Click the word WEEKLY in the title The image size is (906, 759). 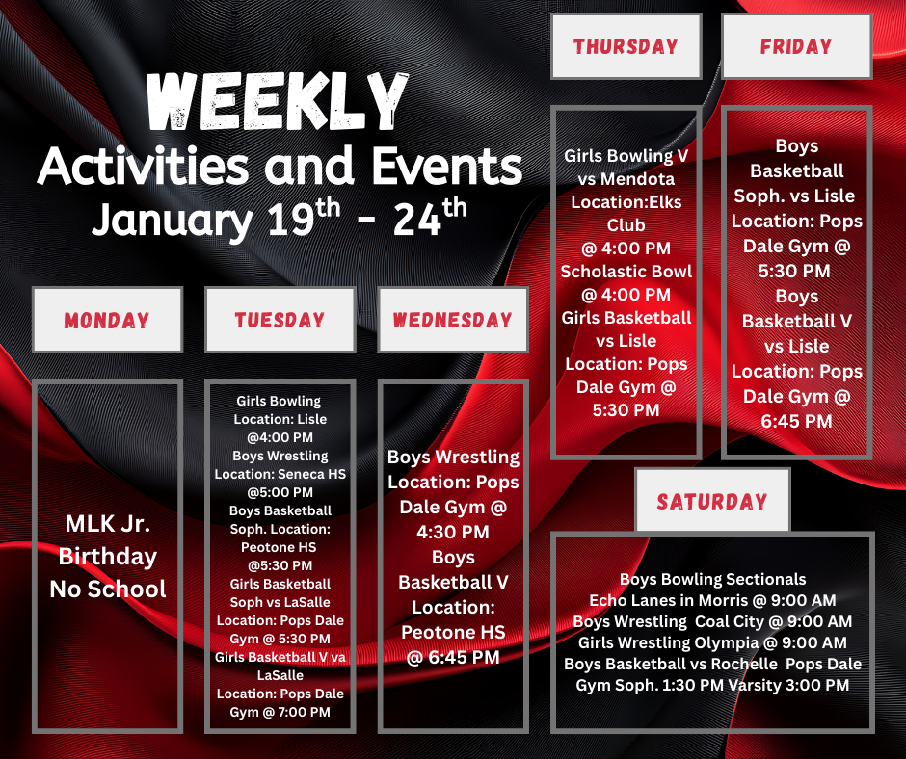[x=278, y=101]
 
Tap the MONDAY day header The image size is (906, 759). [x=107, y=320]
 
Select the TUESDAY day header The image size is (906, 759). [x=280, y=320]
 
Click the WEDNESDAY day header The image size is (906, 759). [x=452, y=320]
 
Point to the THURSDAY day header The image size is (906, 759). [x=626, y=46]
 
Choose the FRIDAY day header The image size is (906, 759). [x=796, y=46]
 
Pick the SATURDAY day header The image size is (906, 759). [x=712, y=501]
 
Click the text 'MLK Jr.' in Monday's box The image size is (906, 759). [x=107, y=525]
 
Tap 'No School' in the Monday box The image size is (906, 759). [x=107, y=589]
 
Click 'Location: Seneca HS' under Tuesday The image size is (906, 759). [x=280, y=474]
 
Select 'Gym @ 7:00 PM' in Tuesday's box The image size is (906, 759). [x=280, y=712]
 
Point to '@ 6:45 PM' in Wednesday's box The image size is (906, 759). [x=452, y=658]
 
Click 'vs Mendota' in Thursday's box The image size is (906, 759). [x=626, y=179]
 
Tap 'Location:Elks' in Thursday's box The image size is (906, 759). [x=626, y=203]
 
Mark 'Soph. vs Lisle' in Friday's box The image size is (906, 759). [x=796, y=196]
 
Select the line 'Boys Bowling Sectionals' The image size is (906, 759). [x=712, y=579]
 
